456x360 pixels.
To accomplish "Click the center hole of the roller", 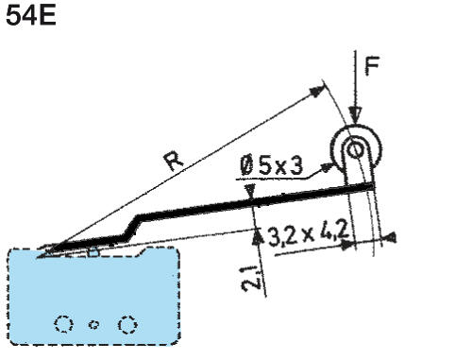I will click(x=354, y=148).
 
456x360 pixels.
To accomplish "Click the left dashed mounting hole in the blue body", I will click(x=64, y=324).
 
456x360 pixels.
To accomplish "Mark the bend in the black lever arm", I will click(x=139, y=220).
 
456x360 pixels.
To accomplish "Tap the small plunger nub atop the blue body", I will click(x=93, y=251).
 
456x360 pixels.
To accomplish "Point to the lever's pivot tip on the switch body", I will click(x=45, y=251).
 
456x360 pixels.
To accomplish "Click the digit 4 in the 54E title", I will click(x=27, y=18).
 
